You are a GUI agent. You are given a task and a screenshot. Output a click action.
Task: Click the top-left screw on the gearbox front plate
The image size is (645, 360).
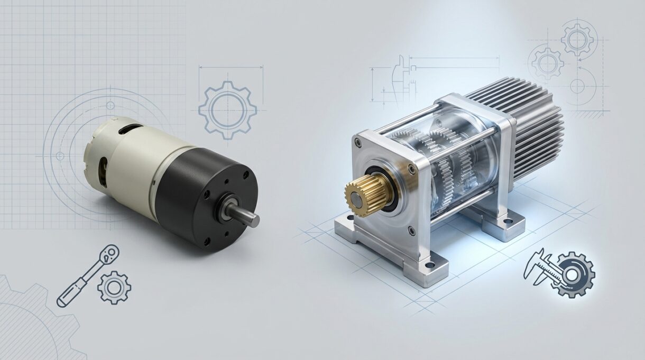360,142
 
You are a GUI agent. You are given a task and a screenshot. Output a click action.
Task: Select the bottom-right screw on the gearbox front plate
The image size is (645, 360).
412,228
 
